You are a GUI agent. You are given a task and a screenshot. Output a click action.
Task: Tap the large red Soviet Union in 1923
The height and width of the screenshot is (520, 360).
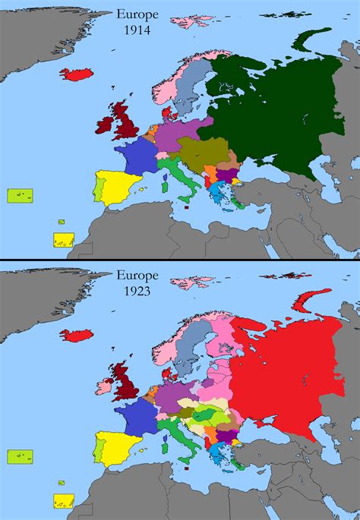pos(281,372)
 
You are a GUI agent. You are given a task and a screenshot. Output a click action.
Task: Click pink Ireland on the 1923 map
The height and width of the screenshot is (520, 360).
pos(100,383)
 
